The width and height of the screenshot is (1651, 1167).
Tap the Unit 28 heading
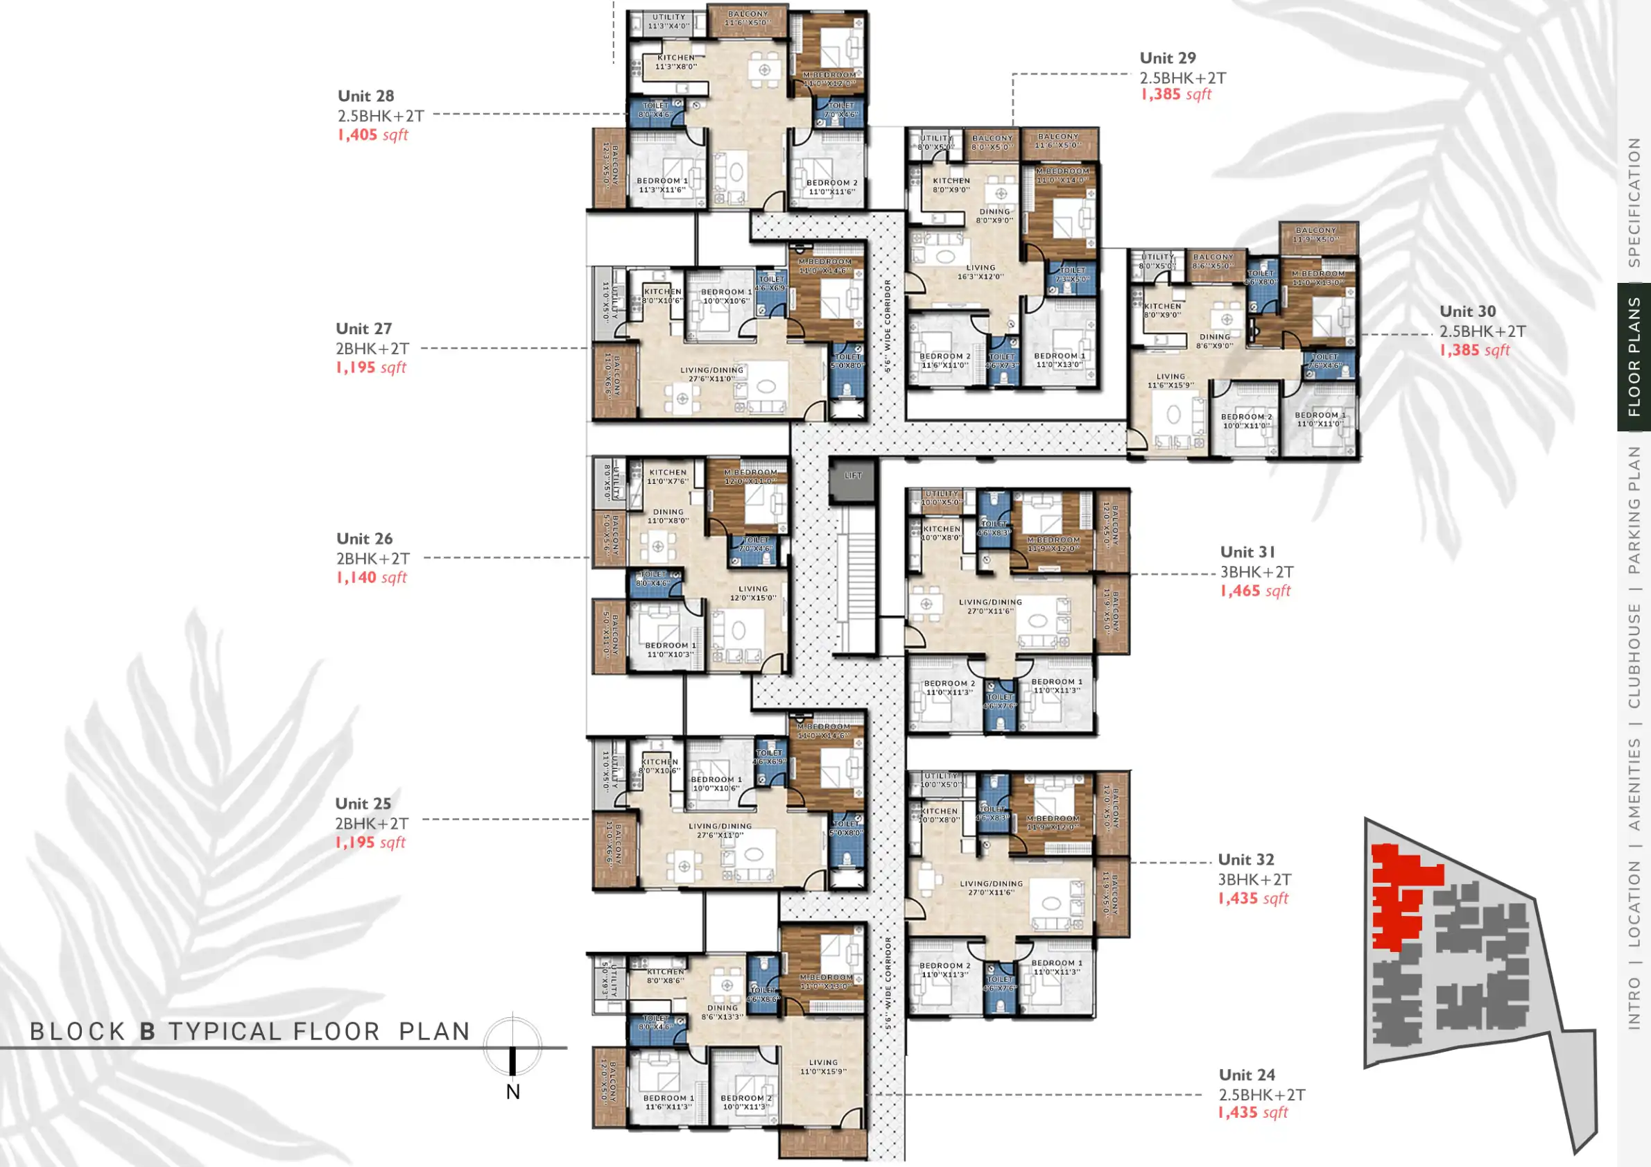[365, 96]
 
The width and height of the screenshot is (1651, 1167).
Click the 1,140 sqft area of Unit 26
[371, 578]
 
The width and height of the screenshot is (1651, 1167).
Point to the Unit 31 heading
[1247, 552]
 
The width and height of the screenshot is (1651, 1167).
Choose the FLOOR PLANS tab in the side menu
[1634, 357]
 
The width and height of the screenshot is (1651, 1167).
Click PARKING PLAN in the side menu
[1634, 510]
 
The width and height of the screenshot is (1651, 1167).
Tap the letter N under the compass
[512, 1092]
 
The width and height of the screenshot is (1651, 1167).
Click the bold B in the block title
[148, 1032]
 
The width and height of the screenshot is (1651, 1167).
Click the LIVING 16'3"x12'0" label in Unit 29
[980, 272]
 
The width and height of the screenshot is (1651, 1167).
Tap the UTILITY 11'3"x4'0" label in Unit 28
[668, 21]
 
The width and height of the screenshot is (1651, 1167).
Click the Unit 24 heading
[1246, 1075]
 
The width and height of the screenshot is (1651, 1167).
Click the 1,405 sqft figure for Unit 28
[372, 135]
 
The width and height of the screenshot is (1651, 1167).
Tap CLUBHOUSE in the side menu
[1634, 655]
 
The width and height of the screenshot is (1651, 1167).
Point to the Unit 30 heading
[1467, 312]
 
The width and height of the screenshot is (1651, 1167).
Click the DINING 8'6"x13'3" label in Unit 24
[722, 1012]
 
